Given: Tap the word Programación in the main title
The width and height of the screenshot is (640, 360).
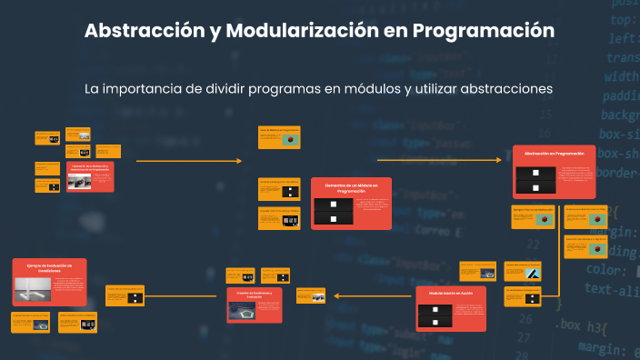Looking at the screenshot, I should pyautogui.click(x=483, y=30).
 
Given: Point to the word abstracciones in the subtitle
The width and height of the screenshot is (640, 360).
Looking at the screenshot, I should pyautogui.click(x=504, y=89).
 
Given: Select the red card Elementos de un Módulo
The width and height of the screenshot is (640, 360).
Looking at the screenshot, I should pyautogui.click(x=351, y=203).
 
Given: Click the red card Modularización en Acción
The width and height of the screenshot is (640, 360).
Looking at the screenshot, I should pyautogui.click(x=451, y=309).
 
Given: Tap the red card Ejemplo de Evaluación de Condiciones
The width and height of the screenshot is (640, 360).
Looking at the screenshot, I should pyautogui.click(x=49, y=282).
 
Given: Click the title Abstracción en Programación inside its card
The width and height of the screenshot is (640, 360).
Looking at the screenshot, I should pyautogui.click(x=553, y=154).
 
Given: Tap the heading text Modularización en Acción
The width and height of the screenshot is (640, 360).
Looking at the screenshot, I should pyautogui.click(x=451, y=294).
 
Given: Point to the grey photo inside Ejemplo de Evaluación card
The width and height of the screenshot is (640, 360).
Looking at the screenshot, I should pyautogui.click(x=37, y=289).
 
